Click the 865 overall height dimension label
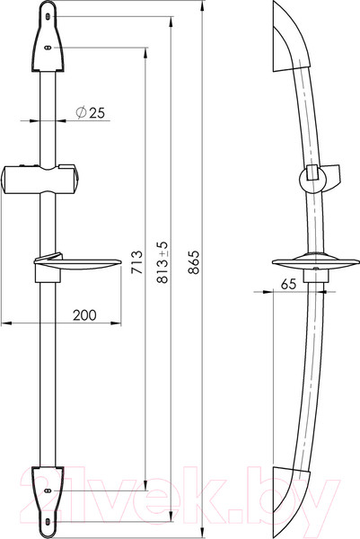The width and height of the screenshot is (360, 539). pyautogui.click(x=194, y=262)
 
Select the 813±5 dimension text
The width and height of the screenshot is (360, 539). pyautogui.click(x=162, y=262)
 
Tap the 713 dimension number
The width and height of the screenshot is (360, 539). pyautogui.click(x=137, y=262)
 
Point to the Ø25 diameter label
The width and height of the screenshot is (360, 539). pyautogui.click(x=90, y=112)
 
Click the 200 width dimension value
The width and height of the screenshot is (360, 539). pyautogui.click(x=84, y=315)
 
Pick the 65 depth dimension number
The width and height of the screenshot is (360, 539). pyautogui.click(x=288, y=284)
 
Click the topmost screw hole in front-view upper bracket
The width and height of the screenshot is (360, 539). pyautogui.click(x=48, y=16)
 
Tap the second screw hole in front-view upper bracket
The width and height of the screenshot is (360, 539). pyautogui.click(x=48, y=48)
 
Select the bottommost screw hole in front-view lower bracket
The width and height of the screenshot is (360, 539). pyautogui.click(x=48, y=522)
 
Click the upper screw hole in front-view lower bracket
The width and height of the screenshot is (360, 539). pyautogui.click(x=48, y=490)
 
